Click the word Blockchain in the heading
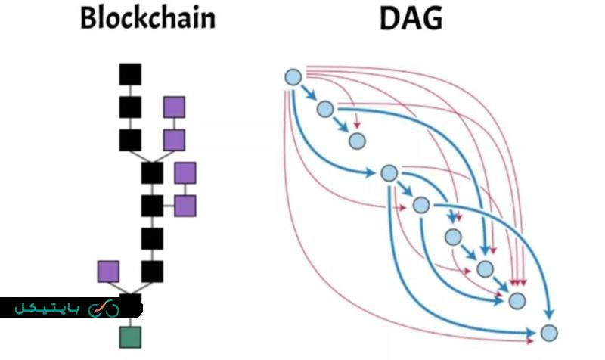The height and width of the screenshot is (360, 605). pos(147,19)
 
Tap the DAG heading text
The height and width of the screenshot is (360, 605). pos(411,19)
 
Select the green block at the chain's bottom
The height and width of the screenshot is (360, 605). pos(130,337)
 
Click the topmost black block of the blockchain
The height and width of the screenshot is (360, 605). pos(130,73)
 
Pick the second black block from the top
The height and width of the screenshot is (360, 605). pos(130,107)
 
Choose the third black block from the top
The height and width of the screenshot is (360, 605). pos(130,140)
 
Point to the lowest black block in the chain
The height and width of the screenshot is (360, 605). pos(152,272)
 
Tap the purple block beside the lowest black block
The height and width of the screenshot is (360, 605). pos(108,272)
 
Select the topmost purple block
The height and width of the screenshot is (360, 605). pos(175,107)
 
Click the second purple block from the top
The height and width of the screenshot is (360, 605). pos(175,140)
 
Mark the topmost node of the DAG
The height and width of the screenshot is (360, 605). pos(293,76)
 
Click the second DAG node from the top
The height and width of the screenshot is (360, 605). pos(325,109)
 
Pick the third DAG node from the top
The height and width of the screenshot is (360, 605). pos(357,141)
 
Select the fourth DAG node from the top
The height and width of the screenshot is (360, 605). pos(389,173)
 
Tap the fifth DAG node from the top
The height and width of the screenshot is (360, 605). pos(421,205)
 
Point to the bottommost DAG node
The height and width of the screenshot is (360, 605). pos(549,333)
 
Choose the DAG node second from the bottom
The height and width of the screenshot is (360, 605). pos(517,301)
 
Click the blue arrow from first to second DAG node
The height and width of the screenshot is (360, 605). pos(309,93)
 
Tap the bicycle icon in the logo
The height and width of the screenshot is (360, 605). pos(104,308)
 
